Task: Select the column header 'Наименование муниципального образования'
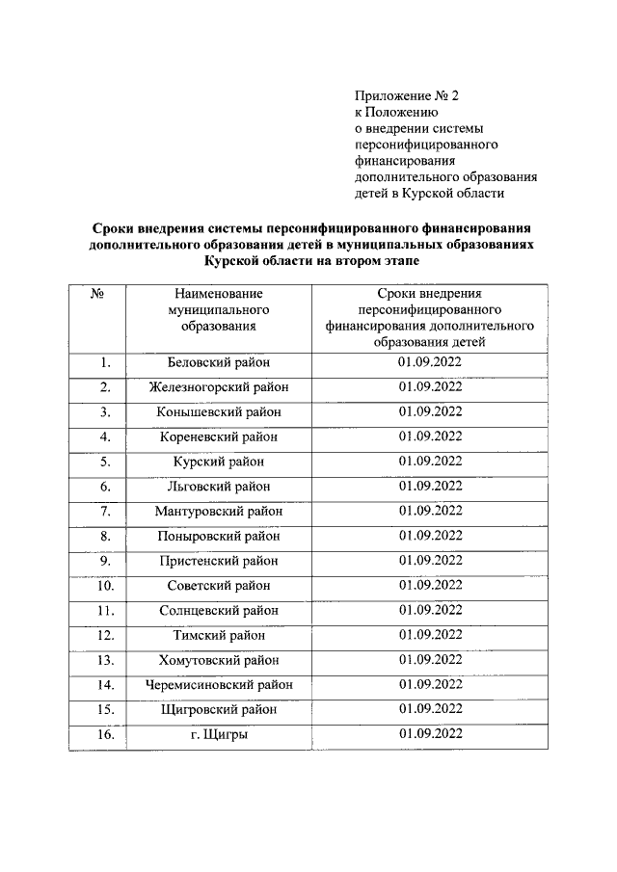[219, 308]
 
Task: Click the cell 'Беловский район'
[219, 362]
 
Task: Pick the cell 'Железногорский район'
[219, 387]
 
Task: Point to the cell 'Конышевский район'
[219, 411]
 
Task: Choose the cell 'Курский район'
[219, 462]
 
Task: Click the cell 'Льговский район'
[219, 487]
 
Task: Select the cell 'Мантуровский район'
[219, 511]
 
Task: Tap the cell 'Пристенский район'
[219, 561]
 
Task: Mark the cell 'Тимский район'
[219, 635]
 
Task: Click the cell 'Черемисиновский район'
[219, 685]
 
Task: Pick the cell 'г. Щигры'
[219, 734]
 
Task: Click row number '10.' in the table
[106, 586]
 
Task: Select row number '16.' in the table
[106, 734]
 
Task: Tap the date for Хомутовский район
[430, 660]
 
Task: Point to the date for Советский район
[430, 586]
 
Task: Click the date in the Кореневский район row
[430, 436]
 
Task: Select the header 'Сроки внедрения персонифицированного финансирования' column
[430, 316]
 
